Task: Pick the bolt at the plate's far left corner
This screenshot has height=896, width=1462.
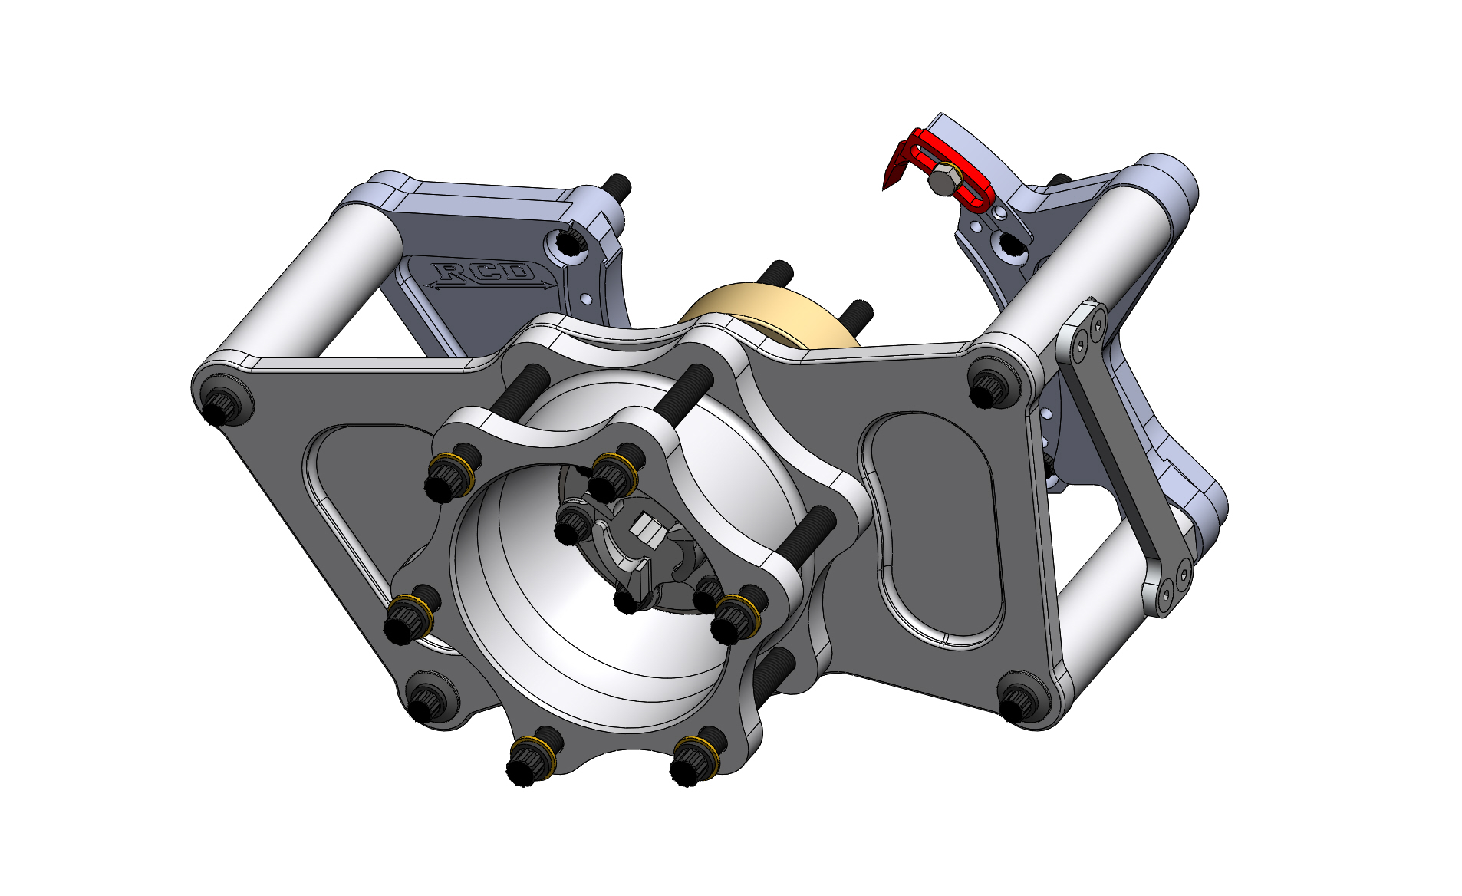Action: (222, 400)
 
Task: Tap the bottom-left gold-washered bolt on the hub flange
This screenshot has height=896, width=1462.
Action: (529, 759)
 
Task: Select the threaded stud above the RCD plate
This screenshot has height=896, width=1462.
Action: (617, 185)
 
